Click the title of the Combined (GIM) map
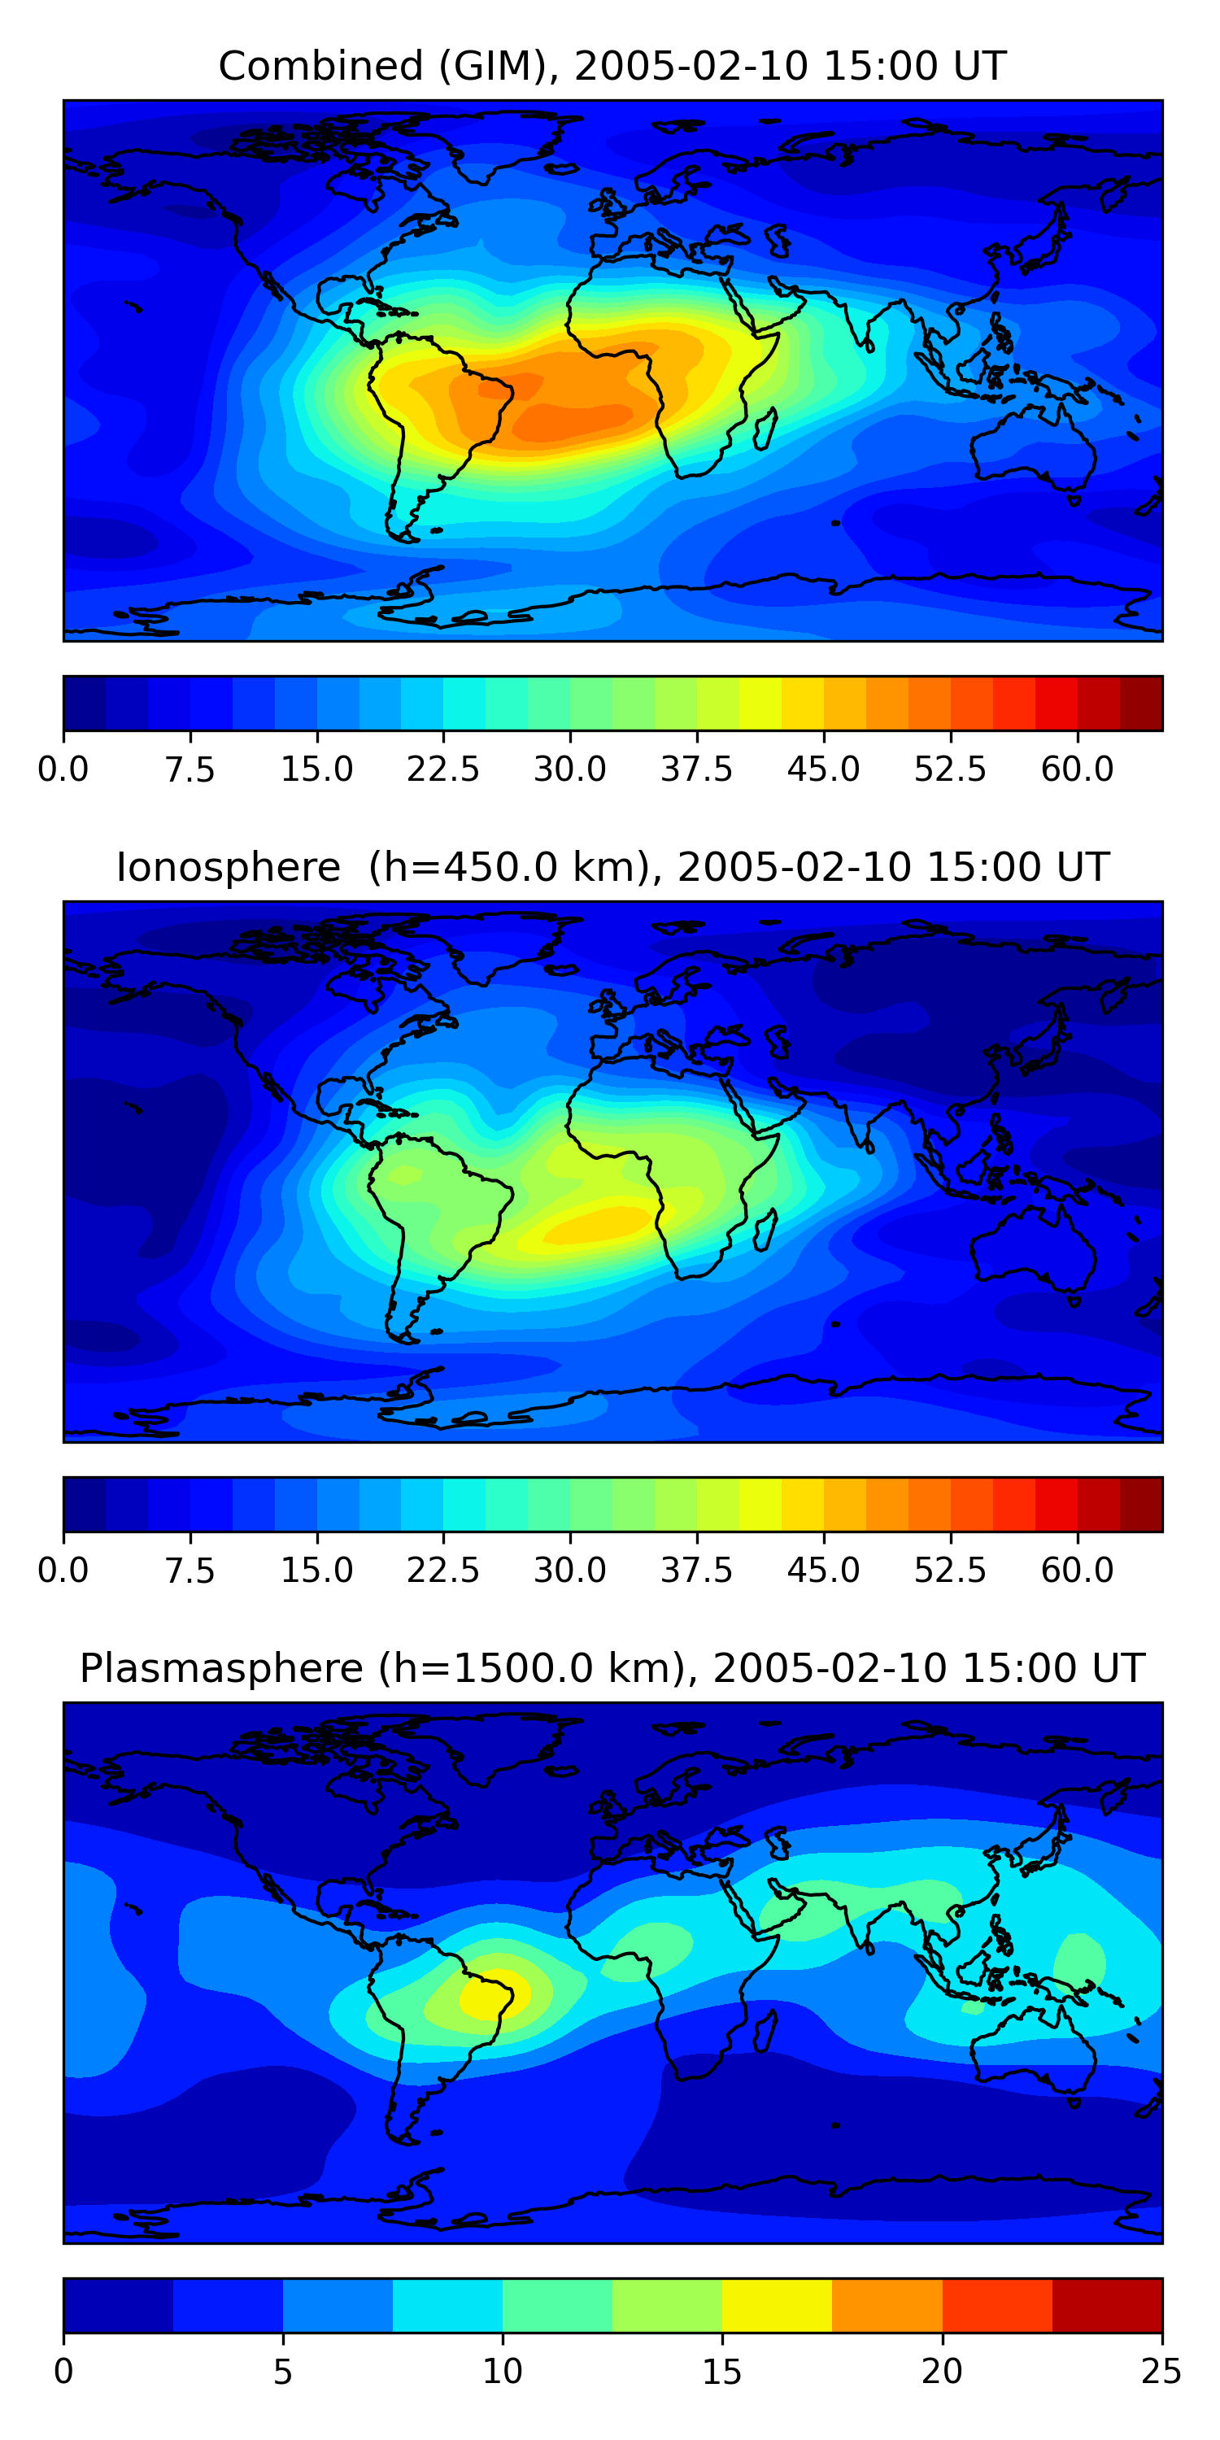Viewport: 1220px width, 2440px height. [x=612, y=67]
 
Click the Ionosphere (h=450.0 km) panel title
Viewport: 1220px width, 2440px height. [x=612, y=868]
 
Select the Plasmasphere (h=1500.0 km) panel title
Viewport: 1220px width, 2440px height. [x=612, y=1668]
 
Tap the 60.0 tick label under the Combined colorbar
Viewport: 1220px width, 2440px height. [x=1077, y=769]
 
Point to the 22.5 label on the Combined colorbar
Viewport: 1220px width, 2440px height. [x=443, y=769]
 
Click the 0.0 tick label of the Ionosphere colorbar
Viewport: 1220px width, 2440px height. [x=63, y=1571]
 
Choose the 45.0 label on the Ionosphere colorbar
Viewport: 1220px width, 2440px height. [x=823, y=1571]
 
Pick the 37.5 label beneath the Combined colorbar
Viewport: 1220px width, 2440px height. [x=696, y=769]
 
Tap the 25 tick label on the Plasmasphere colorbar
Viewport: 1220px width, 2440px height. [x=1161, y=2372]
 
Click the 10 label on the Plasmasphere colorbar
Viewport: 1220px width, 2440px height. [x=502, y=2372]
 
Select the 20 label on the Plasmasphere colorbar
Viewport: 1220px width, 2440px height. [x=942, y=2372]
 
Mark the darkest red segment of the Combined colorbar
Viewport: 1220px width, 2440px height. [x=1141, y=704]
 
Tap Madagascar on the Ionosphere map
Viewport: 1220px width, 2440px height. [x=766, y=1230]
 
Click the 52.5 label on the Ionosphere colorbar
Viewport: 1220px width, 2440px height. [x=950, y=1571]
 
